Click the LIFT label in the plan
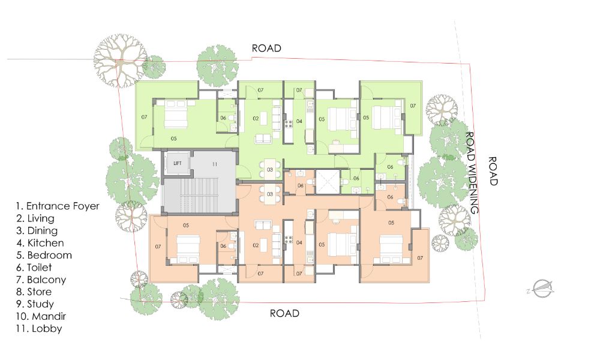[177, 163]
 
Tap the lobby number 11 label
[215, 164]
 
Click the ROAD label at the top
[266, 48]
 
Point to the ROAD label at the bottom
[284, 313]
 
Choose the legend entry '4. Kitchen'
[40, 243]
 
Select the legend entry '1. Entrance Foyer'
[58, 206]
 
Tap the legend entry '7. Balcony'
[41, 280]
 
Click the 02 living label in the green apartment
[256, 119]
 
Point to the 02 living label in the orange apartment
[256, 245]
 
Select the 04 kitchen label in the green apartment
[299, 121]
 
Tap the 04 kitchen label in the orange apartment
[299, 242]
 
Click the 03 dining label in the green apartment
[270, 169]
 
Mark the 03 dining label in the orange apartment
[270, 194]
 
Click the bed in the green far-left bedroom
[176, 114]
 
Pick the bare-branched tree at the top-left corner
[120, 61]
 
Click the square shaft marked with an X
[328, 182]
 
